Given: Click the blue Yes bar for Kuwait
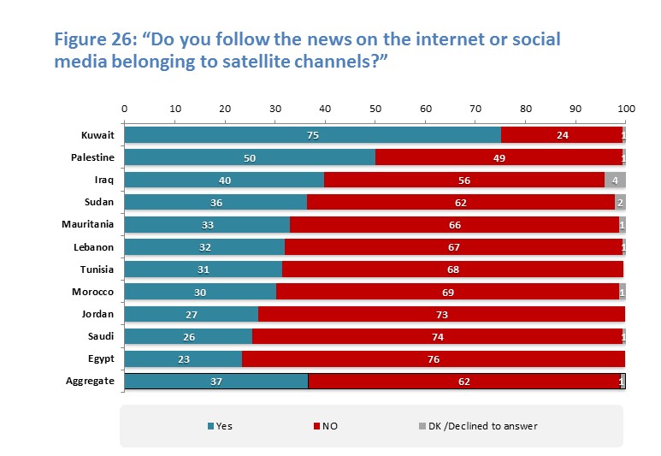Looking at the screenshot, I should coord(312,135).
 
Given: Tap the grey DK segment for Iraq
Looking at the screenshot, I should coord(615,180).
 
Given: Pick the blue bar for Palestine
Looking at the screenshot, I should coord(250,157).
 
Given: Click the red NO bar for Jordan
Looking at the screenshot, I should coord(441,314).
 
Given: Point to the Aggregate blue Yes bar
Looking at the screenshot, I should coord(216,381).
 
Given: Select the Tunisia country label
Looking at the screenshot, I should coord(96,269).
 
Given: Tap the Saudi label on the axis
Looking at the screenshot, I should coord(99,336).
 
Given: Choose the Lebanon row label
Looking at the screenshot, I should coord(95,246).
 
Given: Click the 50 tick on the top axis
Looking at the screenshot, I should coord(375,109).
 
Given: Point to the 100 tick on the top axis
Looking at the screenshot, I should coord(626,109).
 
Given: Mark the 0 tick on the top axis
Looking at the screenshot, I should coord(125,109).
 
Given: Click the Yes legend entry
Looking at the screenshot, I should coord(220,425).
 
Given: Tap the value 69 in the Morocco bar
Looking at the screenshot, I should coord(449,292).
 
